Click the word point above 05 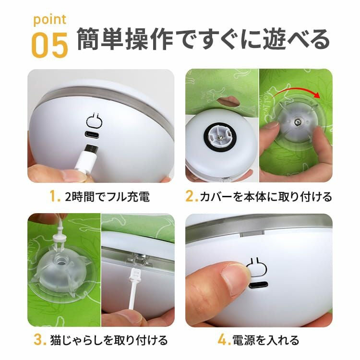click(x=50, y=20)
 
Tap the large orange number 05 click(x=50, y=45)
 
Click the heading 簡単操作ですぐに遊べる click(x=203, y=39)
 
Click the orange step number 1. click(x=55, y=197)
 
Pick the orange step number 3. click(x=40, y=340)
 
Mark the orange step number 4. click(x=224, y=340)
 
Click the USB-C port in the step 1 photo click(x=93, y=134)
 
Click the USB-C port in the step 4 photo click(x=259, y=285)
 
